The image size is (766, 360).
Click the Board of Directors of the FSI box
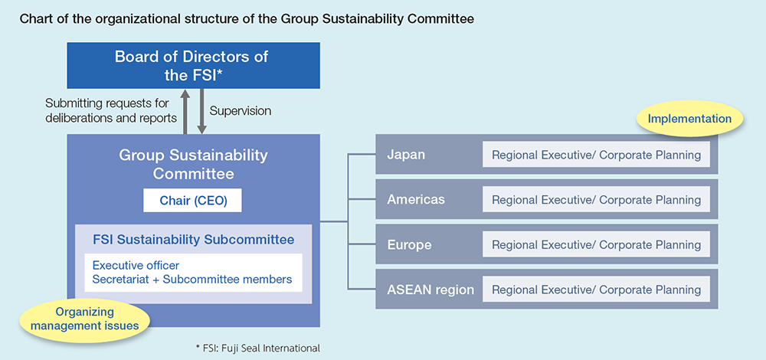tap(194, 65)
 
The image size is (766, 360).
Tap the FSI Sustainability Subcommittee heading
tap(194, 240)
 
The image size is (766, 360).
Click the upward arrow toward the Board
tap(185, 111)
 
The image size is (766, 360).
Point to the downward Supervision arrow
tap(201, 111)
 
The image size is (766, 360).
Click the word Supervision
tap(241, 111)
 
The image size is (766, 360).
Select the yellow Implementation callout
tap(689, 119)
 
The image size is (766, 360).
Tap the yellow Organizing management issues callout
tap(84, 319)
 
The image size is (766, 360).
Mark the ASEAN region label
tap(430, 290)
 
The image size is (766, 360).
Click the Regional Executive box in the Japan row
tap(596, 155)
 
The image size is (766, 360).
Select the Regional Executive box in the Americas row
tap(596, 200)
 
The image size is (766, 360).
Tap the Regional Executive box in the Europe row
tap(596, 244)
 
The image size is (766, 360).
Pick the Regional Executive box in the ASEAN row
tap(596, 290)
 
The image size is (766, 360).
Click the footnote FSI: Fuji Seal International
tap(257, 349)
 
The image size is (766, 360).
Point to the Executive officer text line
tap(136, 266)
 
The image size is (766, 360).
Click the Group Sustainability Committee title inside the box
tap(194, 164)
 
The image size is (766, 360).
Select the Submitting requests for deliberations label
tap(111, 111)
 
